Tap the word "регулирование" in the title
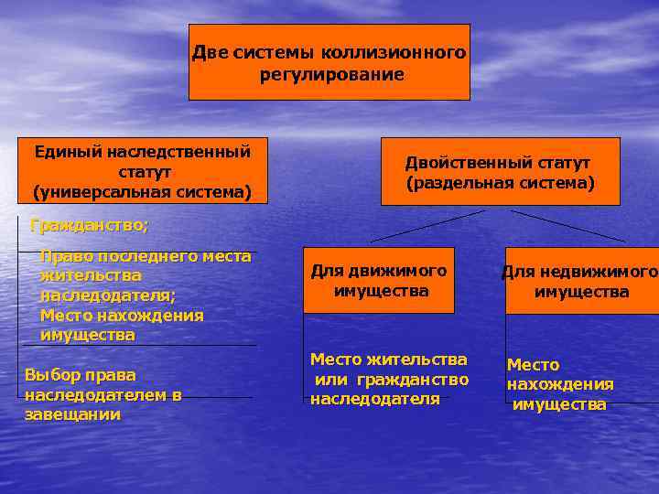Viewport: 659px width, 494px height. pos(331,74)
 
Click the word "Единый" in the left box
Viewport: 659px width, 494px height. pos(69,151)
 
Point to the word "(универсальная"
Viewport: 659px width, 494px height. pos(89,192)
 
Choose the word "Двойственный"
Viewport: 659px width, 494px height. pos(455,163)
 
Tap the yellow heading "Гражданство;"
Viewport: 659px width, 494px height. pos(89,224)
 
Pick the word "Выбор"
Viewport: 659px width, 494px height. pos(53,375)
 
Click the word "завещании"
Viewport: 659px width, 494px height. pos(73,415)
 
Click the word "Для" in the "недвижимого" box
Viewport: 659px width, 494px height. pos(518,272)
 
